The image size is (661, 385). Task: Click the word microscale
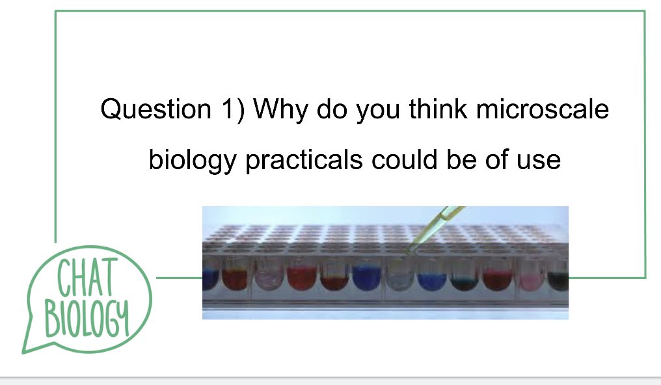[542, 109]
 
